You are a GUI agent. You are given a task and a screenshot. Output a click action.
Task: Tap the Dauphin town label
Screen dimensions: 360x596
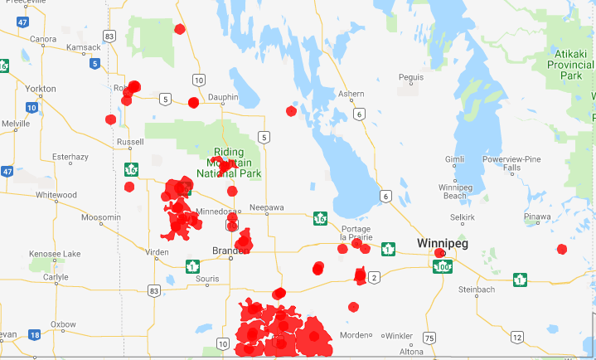tap(221, 97)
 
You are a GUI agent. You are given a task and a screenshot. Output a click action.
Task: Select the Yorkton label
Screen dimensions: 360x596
tap(41, 88)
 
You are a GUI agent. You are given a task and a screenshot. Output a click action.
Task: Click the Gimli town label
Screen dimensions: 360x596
tap(455, 158)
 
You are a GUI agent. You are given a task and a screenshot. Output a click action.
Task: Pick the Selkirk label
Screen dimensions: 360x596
tap(462, 216)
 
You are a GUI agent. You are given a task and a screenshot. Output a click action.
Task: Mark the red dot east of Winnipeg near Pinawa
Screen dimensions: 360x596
tap(562, 249)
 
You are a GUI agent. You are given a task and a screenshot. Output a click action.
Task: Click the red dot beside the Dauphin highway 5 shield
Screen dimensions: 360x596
tap(193, 103)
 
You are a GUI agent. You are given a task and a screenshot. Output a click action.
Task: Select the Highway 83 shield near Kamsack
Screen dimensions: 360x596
tap(109, 36)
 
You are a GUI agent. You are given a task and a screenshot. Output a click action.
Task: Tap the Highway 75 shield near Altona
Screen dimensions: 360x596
tap(429, 338)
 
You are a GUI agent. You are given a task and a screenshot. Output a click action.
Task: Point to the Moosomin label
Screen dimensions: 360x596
tap(99, 217)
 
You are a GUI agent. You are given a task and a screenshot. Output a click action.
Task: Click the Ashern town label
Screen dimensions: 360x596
tap(351, 94)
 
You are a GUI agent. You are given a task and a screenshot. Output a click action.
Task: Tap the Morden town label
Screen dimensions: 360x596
tap(365, 335)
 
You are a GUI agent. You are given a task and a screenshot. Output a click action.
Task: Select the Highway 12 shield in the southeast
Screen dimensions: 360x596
tap(517, 337)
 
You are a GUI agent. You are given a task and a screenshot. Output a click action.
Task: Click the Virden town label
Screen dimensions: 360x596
tap(156, 251)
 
